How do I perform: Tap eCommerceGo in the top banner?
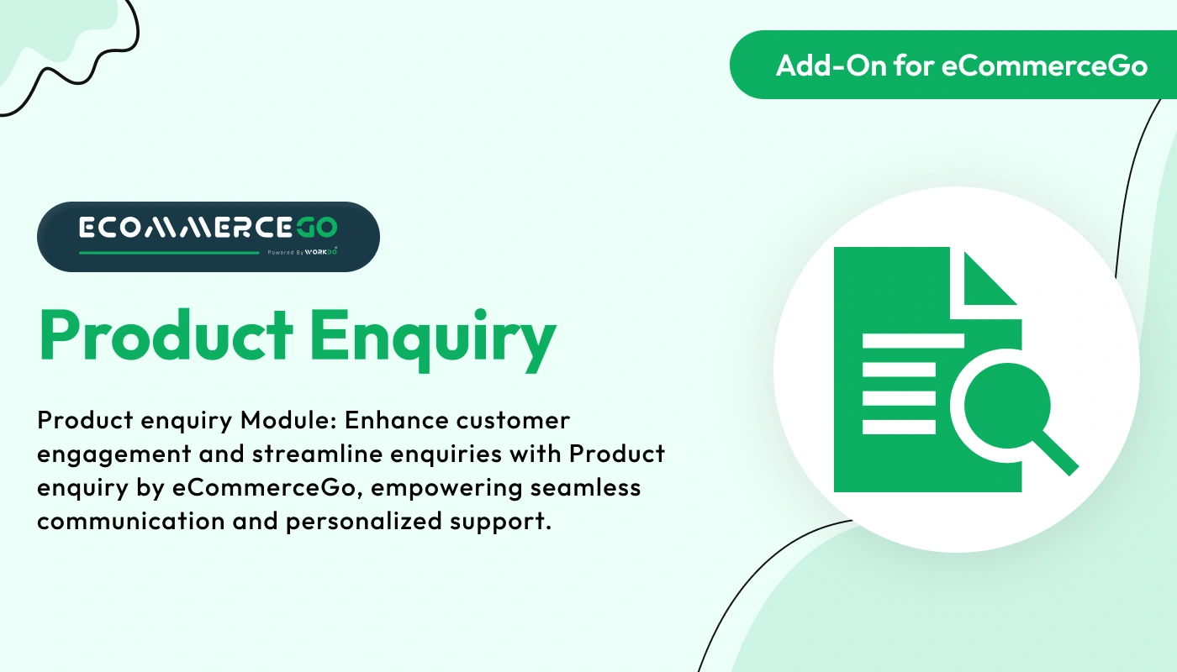[x=1044, y=66]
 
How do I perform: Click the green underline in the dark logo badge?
[x=168, y=252]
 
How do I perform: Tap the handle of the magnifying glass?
[x=1057, y=454]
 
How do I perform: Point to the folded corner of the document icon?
[x=988, y=279]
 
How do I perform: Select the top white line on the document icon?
[x=912, y=341]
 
